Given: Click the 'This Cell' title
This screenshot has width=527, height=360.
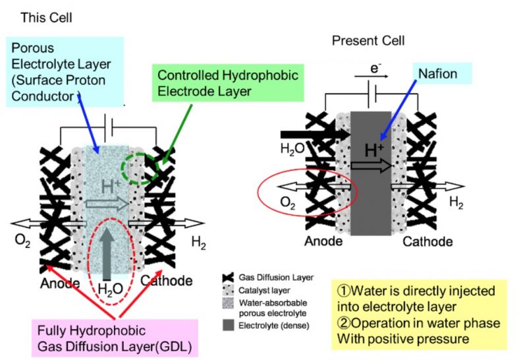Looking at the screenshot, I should (46, 17).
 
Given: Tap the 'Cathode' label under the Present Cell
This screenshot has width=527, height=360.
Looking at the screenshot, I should (428, 241).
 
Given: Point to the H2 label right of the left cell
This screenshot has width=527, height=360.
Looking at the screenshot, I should (198, 243).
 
